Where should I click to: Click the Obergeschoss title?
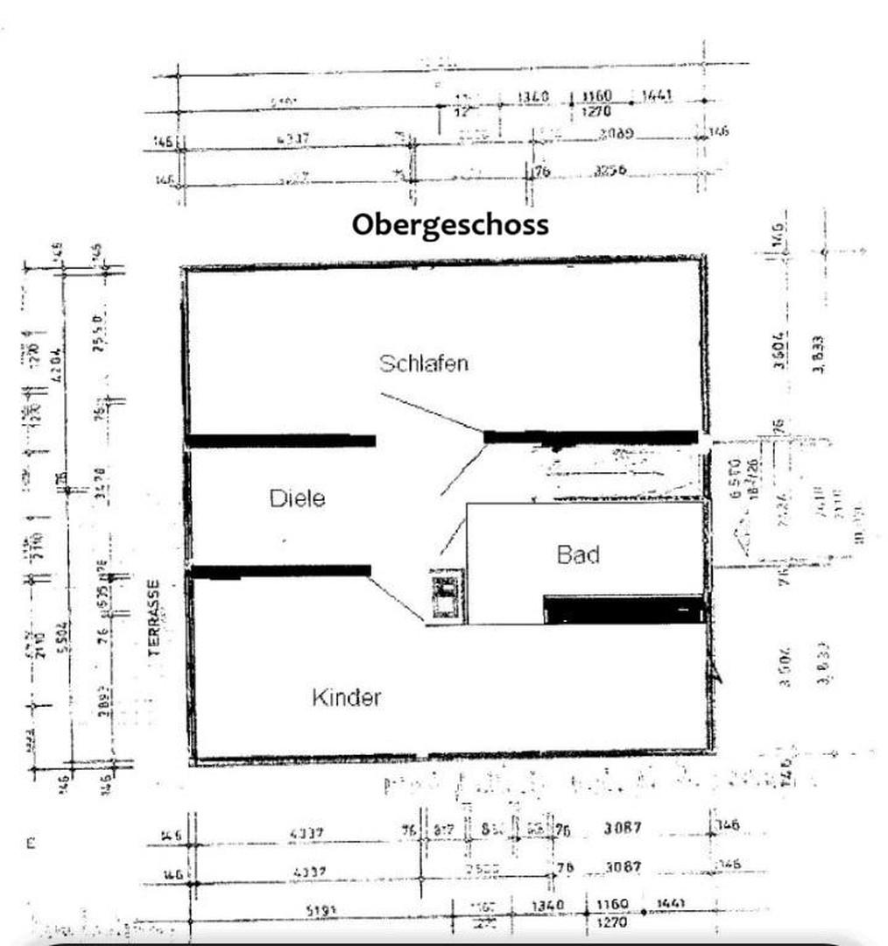450,224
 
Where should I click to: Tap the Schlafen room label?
424,363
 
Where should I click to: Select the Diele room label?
297,498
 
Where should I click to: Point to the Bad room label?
578,554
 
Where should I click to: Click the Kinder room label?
347,698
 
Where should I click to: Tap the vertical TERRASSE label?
153,618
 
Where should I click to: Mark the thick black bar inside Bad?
624,609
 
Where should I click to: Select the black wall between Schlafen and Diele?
282,441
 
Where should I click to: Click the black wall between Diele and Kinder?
280,571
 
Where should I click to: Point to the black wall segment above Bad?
591,436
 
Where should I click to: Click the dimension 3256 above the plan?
610,172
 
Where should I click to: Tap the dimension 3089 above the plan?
617,134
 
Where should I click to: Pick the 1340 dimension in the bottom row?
549,905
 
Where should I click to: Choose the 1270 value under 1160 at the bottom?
613,922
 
